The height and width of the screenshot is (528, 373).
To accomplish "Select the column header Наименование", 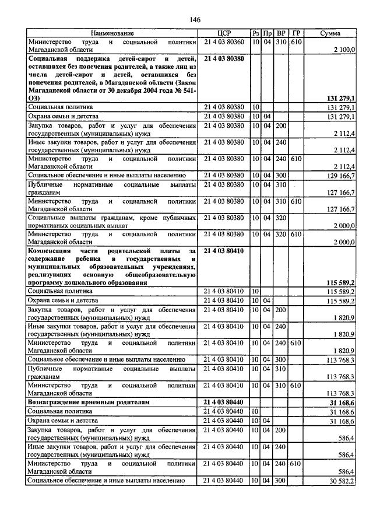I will click(x=112, y=34).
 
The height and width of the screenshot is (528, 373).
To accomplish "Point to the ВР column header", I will click(x=281, y=34).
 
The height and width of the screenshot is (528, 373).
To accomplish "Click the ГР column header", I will click(x=296, y=34).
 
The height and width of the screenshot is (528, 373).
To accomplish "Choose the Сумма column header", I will click(x=330, y=34).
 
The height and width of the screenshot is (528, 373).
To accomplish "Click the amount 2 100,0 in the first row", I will click(x=344, y=51).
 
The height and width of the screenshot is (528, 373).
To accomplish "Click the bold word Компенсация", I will click(x=54, y=250).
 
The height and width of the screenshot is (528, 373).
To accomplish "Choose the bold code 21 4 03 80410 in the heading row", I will click(x=224, y=250).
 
